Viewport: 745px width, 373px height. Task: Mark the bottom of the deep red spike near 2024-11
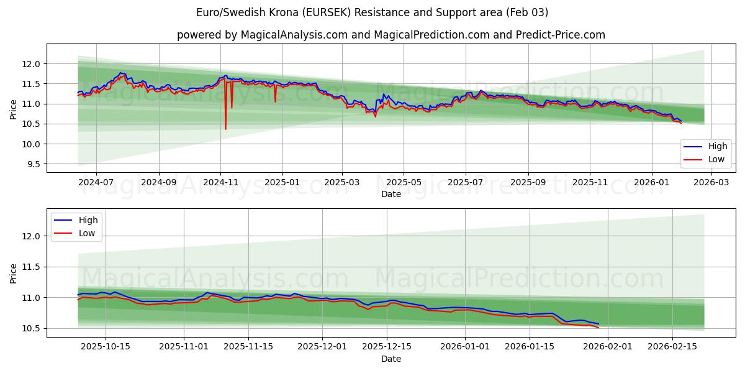(x=225, y=129)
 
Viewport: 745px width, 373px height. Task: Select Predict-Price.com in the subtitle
(x=561, y=35)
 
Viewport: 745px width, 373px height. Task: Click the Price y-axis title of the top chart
(x=14, y=109)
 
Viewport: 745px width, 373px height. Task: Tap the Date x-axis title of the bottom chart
(x=391, y=359)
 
